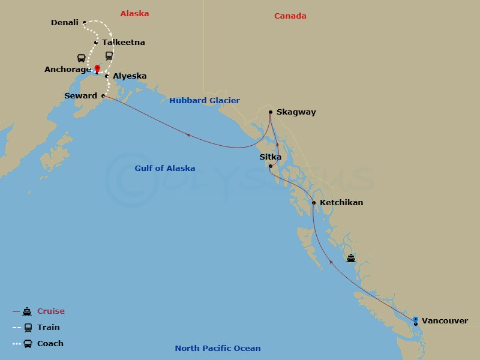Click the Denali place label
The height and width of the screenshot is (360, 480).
tap(65, 23)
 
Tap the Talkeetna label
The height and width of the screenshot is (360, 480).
tap(123, 43)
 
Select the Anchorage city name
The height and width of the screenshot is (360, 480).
tap(68, 70)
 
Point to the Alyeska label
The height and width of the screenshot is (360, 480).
tap(130, 76)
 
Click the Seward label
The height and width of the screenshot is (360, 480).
tap(80, 96)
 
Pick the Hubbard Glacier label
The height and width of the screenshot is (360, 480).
tap(204, 101)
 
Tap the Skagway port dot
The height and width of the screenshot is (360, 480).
tap(271, 112)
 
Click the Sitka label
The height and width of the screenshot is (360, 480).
tap(270, 157)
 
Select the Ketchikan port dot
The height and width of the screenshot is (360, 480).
tap(314, 203)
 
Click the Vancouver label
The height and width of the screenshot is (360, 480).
tap(445, 321)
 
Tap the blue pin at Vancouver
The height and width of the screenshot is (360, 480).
tap(416, 319)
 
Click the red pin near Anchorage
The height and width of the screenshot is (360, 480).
tap(97, 68)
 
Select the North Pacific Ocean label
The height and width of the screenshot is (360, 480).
tap(218, 349)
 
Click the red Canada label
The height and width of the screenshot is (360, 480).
tap(290, 16)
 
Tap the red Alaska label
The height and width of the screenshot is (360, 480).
tap(134, 13)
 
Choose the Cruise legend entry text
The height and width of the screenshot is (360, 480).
tap(51, 311)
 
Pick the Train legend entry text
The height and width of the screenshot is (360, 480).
tap(49, 328)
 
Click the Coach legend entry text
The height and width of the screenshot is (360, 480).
tap(50, 344)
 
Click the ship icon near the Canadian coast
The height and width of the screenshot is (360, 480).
tap(351, 259)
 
